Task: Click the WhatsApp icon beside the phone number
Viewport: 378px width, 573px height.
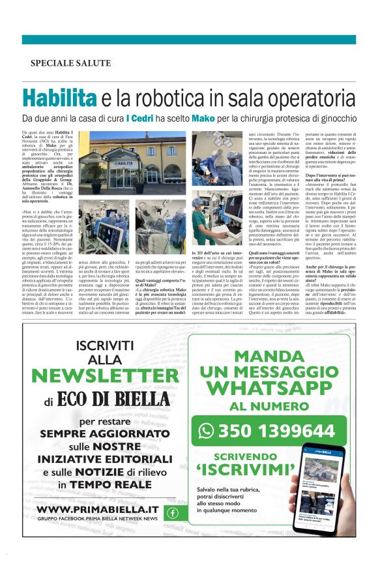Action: tap(207, 431)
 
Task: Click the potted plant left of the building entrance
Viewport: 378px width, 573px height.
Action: tap(89, 184)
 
